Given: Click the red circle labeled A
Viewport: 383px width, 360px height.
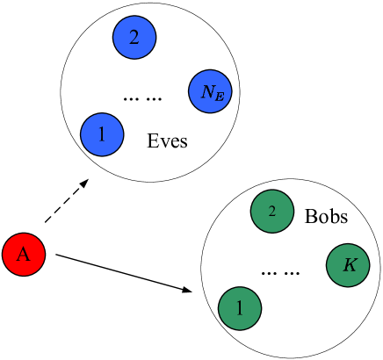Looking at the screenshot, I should click(x=24, y=255).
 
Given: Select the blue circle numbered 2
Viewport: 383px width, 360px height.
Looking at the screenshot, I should click(x=134, y=38).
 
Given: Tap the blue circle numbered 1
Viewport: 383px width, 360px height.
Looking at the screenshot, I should click(x=102, y=135).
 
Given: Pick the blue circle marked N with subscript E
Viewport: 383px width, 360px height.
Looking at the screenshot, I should click(x=210, y=91).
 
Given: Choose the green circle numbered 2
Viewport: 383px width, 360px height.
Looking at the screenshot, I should click(x=272, y=212).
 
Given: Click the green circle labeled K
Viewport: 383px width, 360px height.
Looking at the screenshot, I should click(x=348, y=265).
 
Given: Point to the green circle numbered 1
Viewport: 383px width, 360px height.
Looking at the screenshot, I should click(x=240, y=308).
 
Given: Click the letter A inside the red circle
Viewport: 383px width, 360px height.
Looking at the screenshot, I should click(x=24, y=255).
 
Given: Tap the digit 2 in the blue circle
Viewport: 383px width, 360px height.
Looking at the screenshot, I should click(x=134, y=38).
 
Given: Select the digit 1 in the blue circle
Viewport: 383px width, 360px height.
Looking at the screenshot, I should click(x=102, y=135).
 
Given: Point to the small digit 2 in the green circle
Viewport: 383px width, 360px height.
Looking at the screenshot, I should click(x=272, y=212).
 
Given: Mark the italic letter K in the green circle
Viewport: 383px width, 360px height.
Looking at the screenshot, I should click(x=349, y=265).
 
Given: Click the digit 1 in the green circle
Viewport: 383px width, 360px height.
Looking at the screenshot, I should click(x=240, y=308).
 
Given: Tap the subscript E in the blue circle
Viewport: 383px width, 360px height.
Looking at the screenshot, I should click(x=218, y=96).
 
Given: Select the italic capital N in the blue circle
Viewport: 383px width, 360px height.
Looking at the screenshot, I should click(x=206, y=90).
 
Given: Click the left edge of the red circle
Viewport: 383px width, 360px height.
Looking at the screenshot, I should click(x=4, y=255).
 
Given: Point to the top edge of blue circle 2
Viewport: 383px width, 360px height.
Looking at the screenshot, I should click(x=134, y=18).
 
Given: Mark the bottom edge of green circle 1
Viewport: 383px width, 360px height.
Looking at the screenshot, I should click(x=240, y=328).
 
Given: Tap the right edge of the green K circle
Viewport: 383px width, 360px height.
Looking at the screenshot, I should click(x=368, y=265).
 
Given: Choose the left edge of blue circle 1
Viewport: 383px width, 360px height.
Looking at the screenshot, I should click(x=82, y=135).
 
